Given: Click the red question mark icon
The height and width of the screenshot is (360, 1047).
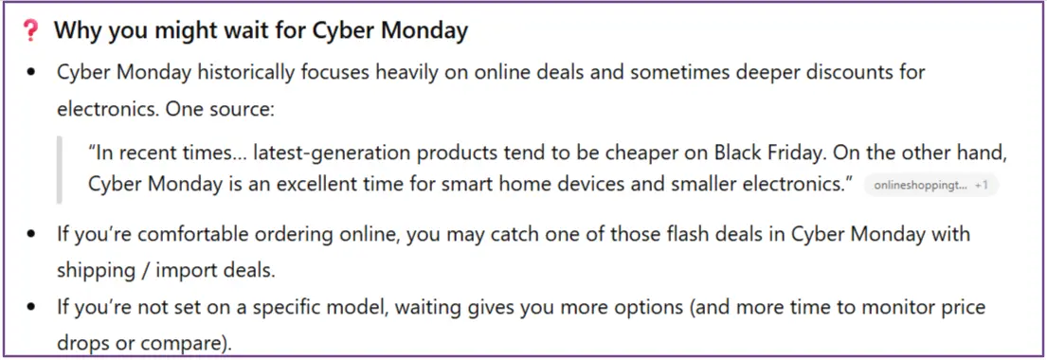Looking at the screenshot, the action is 29,30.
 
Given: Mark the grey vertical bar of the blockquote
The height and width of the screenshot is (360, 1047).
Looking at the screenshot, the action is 60,170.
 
